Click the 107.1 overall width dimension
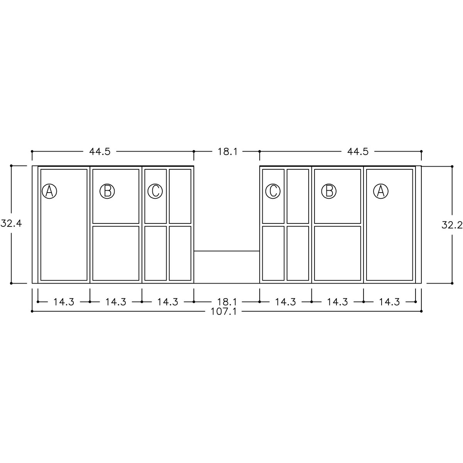(x=223, y=312)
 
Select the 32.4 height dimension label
(x=11, y=224)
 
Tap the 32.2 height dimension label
(x=452, y=225)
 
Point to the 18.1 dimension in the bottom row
(x=227, y=302)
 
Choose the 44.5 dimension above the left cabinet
(x=100, y=152)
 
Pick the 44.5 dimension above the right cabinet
(x=358, y=152)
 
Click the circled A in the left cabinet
(x=49, y=191)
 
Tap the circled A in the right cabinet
(x=380, y=191)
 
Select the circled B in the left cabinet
(x=107, y=191)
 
